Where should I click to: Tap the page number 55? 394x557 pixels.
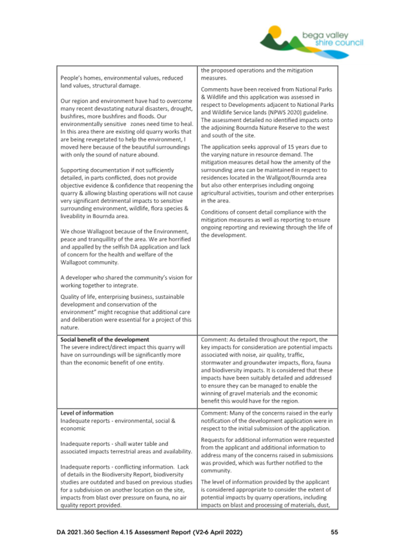click(334, 532)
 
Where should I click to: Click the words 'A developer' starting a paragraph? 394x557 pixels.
click(78, 277)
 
